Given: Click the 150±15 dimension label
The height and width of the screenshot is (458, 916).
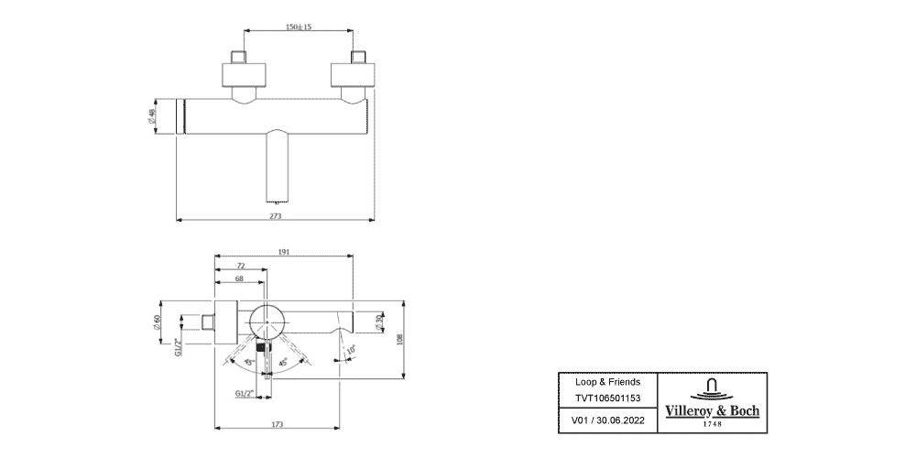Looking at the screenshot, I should click(299, 27).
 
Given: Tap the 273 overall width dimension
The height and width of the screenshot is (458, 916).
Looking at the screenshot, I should click(275, 216).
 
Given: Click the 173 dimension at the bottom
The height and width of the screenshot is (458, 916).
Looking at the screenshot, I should click(278, 424).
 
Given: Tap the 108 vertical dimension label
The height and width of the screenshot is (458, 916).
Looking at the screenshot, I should click(400, 338).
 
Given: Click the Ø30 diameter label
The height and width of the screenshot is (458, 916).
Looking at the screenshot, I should click(377, 321).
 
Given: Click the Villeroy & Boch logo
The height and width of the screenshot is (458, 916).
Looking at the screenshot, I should click(711, 401).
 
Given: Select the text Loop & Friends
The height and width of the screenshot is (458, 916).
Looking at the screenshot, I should click(607, 381).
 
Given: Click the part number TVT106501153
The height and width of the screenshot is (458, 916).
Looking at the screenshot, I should click(607, 398).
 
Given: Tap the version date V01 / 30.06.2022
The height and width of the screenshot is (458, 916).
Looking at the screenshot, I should click(607, 420).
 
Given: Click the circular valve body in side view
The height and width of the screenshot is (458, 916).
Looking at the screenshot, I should click(267, 322).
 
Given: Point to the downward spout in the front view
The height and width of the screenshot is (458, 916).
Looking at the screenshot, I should click(277, 165).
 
